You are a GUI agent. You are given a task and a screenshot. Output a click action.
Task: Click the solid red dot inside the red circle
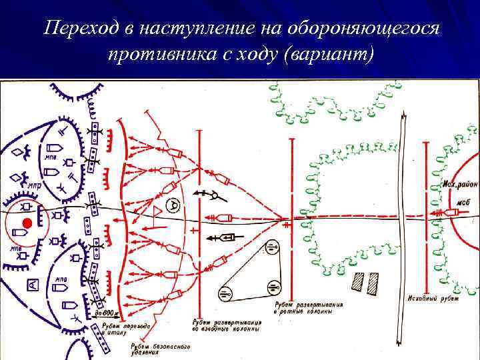[x=27, y=222]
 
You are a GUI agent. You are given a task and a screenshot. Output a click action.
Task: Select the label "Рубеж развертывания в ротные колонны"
[x=309, y=309]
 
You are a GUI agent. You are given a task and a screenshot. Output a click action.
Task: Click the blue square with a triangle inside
[x=32, y=286]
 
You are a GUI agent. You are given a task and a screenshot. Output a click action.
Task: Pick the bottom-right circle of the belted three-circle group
[x=273, y=287]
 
